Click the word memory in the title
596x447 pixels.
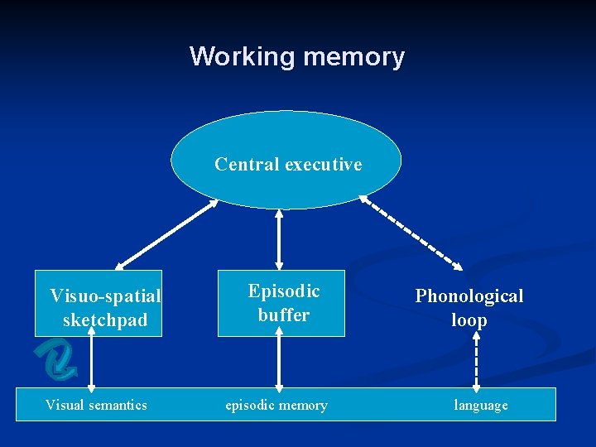pyautogui.click(x=353, y=56)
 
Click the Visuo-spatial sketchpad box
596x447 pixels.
pyautogui.click(x=99, y=303)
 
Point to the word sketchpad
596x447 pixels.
pyautogui.click(x=105, y=320)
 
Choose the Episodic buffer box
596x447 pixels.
pyautogui.click(x=281, y=303)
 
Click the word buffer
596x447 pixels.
pyautogui.click(x=283, y=315)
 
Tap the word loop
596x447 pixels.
pyautogui.click(x=469, y=320)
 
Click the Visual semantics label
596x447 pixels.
pyautogui.click(x=96, y=405)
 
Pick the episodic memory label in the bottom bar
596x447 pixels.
pyautogui.click(x=276, y=405)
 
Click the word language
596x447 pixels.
pyautogui.click(x=481, y=405)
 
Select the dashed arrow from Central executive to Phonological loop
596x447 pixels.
pyautogui.click(x=412, y=233)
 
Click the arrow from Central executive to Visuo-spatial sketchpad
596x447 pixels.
pyautogui.click(x=168, y=234)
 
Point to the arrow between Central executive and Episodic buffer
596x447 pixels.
pyautogui.click(x=279, y=239)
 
